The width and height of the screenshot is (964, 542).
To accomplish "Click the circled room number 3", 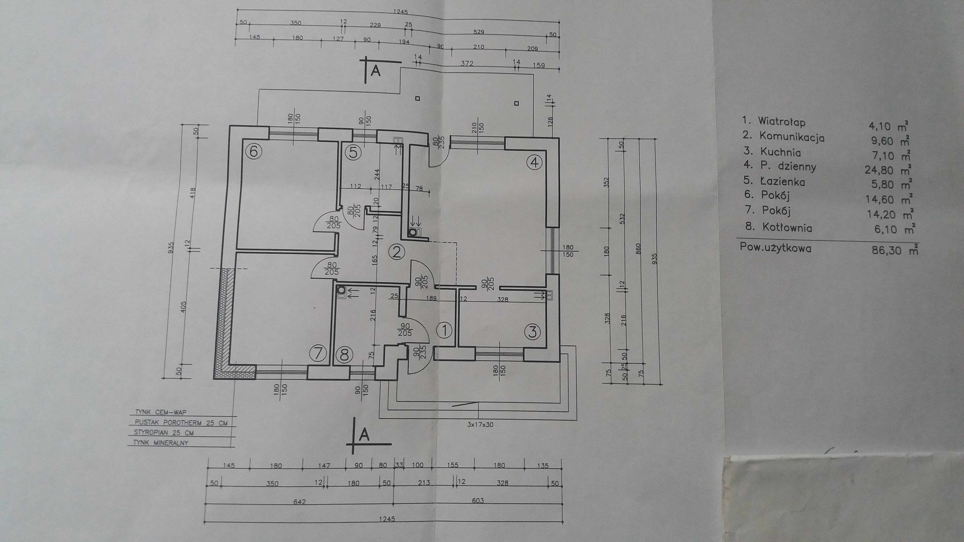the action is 532,332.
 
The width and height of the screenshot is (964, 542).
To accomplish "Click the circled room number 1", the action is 445,330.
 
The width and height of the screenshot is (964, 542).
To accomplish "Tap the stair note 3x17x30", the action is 480,425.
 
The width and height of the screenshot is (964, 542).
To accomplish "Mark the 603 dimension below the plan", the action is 478,500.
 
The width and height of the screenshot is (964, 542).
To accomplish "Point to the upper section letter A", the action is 375,71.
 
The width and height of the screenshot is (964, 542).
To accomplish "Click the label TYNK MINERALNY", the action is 161,443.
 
